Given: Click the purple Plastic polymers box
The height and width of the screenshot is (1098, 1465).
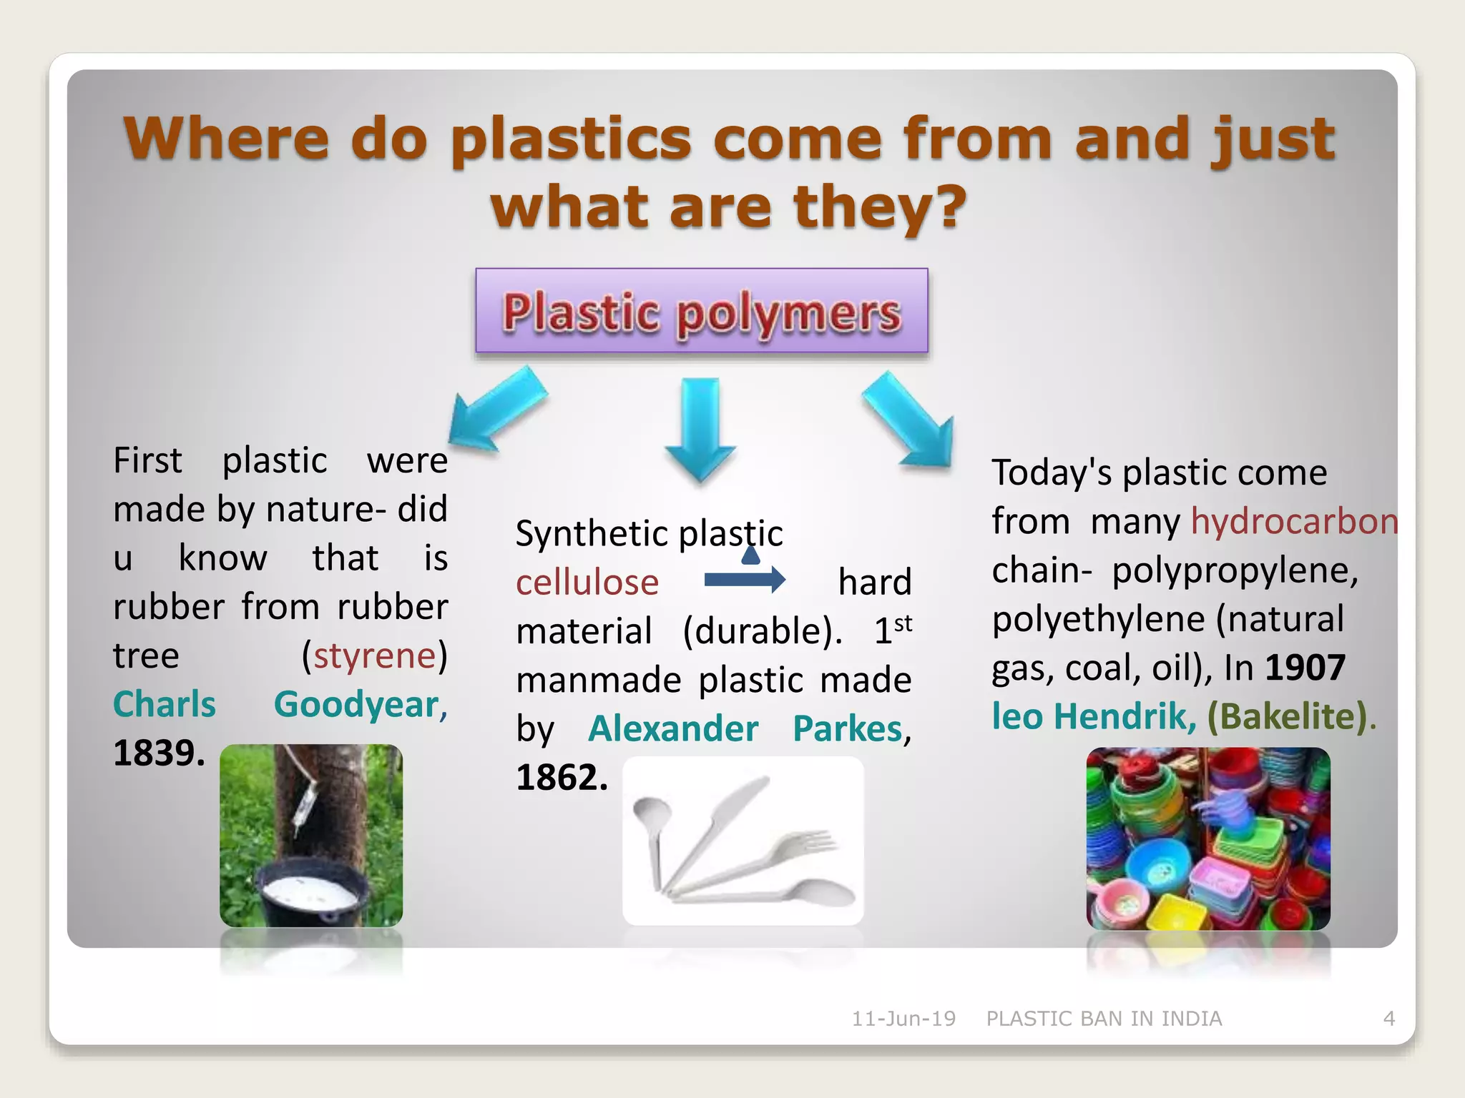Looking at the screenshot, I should [701, 310].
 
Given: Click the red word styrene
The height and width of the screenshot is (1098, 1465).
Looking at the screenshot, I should [374, 656].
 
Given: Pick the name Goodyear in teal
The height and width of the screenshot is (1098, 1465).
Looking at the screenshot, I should [360, 705].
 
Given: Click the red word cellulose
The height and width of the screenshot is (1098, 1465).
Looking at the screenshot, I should [587, 583].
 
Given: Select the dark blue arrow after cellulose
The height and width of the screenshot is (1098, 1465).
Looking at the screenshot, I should [744, 579].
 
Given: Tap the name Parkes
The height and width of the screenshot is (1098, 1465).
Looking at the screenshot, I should [848, 729].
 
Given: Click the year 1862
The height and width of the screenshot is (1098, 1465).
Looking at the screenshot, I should [562, 777].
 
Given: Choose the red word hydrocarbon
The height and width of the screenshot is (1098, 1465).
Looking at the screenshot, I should [1293, 521].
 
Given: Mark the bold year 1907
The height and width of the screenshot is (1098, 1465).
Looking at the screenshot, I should [1305, 668].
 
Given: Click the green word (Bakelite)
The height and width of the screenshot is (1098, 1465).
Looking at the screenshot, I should [1288, 716].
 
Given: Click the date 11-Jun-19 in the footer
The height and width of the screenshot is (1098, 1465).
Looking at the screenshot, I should [903, 1019].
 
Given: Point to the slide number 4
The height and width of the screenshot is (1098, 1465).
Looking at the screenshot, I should [1388, 1019].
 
